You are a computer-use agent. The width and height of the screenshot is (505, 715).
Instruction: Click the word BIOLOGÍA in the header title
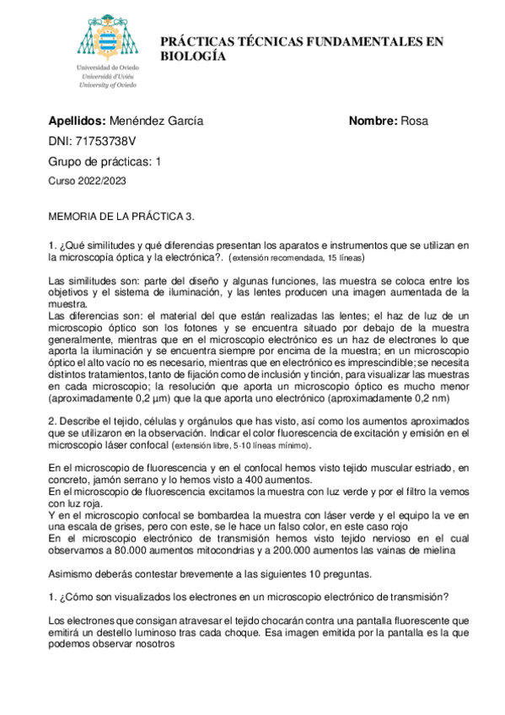[x=194, y=56]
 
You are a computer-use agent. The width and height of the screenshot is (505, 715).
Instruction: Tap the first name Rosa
[x=415, y=121]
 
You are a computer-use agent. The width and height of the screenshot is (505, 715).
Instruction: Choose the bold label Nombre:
[x=373, y=121]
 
